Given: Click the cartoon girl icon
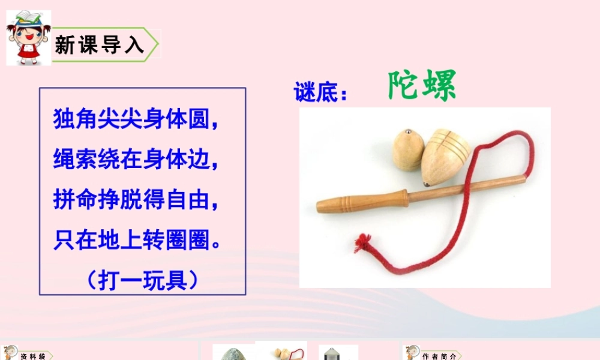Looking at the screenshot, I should point(28,37).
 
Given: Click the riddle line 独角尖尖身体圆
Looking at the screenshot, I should point(135,118).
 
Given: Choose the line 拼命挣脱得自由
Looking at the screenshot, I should point(135,200).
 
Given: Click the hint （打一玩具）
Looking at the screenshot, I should point(142,280).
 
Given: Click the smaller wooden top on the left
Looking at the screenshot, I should point(408,150).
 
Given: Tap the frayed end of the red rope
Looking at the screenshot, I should point(362,243).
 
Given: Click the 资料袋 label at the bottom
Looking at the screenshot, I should point(32,356).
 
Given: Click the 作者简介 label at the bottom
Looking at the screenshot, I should point(439,356).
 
